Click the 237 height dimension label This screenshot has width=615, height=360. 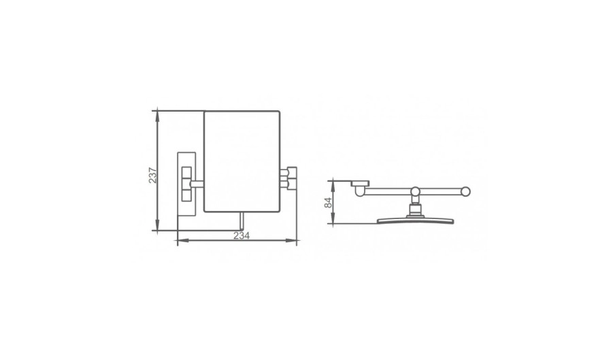point(152,176)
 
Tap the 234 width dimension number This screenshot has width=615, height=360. point(242,235)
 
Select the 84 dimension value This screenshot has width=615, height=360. point(329,202)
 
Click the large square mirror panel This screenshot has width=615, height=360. point(242,161)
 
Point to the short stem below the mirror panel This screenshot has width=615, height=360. point(242,221)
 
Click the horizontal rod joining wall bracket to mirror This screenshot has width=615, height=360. point(197,184)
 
